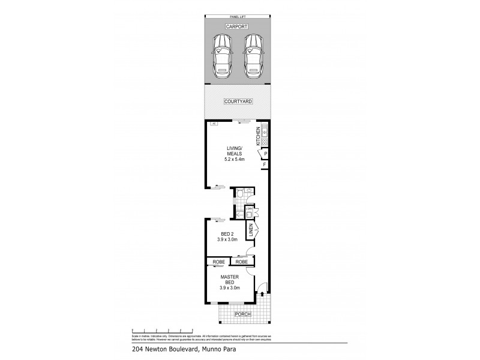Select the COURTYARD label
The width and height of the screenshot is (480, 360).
point(237,102)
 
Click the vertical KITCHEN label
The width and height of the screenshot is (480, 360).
point(258,137)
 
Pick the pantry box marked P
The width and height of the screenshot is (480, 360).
point(265,154)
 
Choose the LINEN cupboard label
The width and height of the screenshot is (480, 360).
point(250,230)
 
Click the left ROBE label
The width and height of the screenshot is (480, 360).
point(218,262)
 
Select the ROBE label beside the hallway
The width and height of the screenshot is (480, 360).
point(241,262)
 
